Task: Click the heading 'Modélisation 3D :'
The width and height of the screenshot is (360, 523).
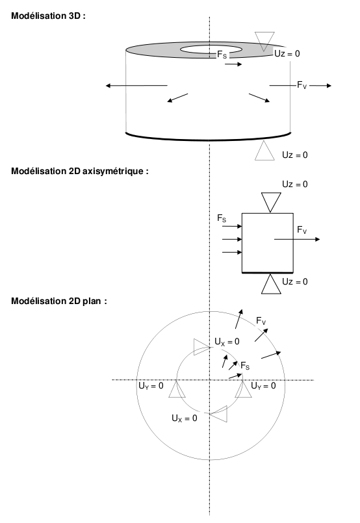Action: click(x=48, y=16)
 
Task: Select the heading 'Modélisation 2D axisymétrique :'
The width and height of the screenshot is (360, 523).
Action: click(x=80, y=171)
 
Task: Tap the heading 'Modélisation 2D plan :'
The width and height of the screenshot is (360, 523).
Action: click(x=59, y=301)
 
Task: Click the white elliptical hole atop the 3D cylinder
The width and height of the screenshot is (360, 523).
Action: click(x=211, y=49)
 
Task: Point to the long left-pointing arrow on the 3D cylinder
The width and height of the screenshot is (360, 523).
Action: click(x=136, y=86)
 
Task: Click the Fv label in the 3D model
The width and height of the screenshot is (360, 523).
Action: click(x=302, y=85)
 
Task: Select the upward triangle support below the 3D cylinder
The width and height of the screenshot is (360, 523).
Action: click(x=264, y=151)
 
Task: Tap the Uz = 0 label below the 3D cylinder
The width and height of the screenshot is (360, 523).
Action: click(x=295, y=155)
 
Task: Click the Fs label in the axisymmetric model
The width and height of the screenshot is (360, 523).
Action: click(x=222, y=218)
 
